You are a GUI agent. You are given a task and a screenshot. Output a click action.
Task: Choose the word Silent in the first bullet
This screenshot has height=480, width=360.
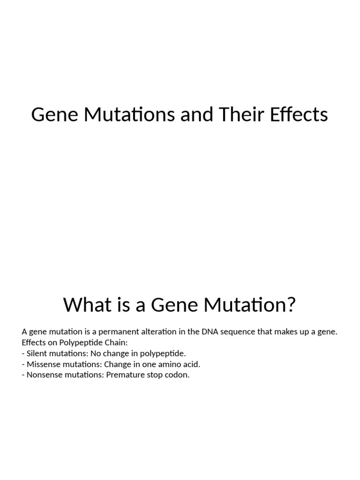[x=36, y=353]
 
